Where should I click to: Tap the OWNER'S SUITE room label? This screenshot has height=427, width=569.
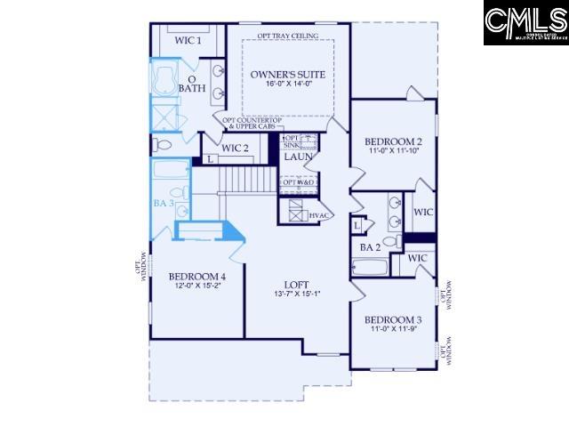(287, 74)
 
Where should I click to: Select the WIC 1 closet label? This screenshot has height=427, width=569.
(188, 40)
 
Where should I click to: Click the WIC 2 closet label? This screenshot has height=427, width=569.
(235, 148)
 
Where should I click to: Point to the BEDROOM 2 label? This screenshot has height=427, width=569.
(393, 141)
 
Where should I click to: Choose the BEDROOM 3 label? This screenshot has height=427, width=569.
(392, 319)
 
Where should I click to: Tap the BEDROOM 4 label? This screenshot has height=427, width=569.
(197, 277)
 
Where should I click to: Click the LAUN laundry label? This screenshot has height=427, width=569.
(296, 157)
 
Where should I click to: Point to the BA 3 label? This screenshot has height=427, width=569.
(163, 205)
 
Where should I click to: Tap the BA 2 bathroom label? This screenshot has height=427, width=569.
(372, 246)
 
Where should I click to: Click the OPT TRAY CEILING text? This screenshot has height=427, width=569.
(287, 36)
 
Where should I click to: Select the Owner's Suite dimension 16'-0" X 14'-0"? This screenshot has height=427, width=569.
(287, 85)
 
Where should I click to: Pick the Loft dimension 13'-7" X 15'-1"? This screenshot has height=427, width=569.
(296, 294)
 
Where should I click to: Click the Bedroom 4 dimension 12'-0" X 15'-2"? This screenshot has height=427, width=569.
(197, 286)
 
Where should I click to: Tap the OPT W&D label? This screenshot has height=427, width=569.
(299, 183)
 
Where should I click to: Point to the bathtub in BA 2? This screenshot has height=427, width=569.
(372, 267)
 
